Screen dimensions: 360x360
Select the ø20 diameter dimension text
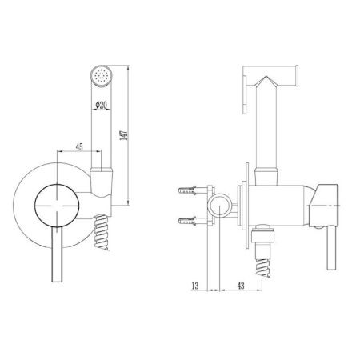click(101, 105)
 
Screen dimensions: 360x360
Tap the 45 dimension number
click(79, 147)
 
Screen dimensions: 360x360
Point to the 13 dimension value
click(195, 286)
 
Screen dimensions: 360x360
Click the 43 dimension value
click(241, 286)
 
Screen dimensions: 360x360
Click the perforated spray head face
click(102, 75)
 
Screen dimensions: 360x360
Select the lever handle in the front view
click(57, 254)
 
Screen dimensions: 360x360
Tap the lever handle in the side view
click(332, 247)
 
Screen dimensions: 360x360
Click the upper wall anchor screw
click(188, 190)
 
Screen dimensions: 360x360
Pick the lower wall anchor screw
click(188, 221)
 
